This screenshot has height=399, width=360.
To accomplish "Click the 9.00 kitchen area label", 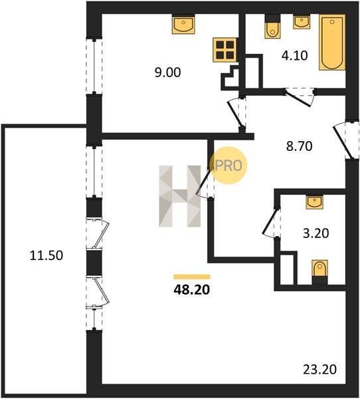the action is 168,72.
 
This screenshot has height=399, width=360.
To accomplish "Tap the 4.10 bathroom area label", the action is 295,55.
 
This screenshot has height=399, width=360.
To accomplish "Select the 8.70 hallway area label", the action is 300,146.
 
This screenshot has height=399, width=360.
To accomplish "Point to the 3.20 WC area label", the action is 315,233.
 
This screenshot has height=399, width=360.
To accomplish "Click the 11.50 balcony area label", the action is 46,255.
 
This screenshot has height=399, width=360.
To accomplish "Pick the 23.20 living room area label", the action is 320,370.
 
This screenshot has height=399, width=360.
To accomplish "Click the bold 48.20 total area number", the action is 192,289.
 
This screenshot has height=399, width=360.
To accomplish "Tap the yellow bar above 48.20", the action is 192,277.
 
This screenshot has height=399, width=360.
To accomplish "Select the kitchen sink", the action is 183,24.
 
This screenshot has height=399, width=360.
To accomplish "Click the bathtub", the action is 332,43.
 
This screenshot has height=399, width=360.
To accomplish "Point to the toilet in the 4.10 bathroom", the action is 272,27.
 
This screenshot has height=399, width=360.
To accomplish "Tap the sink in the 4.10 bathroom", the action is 302,22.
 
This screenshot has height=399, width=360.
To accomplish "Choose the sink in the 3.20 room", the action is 314,202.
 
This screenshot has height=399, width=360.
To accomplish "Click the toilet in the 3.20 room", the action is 320,272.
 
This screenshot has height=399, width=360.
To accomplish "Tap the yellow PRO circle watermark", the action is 228,166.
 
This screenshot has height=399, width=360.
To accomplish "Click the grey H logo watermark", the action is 180,196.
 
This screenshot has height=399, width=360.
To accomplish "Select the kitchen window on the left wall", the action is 94,66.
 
